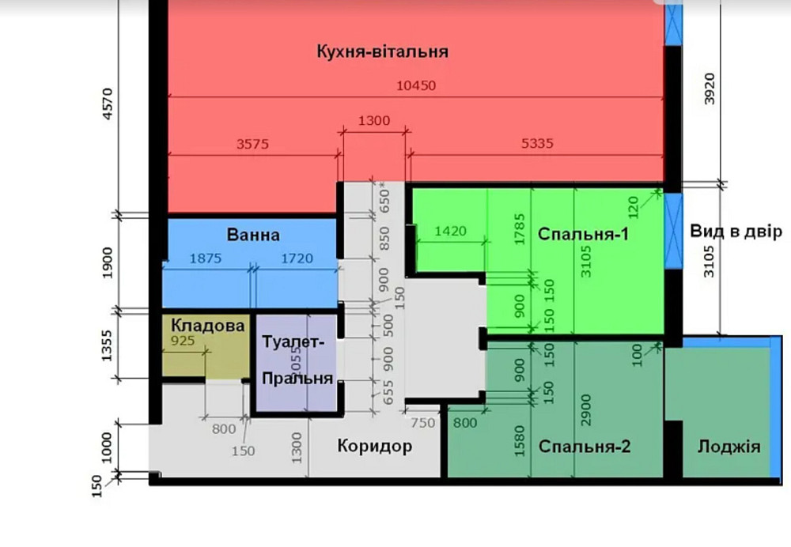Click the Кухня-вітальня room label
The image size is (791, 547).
pos(382,52)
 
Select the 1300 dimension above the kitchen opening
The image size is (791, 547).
pos(373,121)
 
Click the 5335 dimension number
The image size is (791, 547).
pos(537,144)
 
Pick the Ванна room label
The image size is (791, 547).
pos(252,235)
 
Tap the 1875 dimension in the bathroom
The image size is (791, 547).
pos(206,258)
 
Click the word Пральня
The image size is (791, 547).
pos(297,378)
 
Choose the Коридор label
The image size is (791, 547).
pos(374,446)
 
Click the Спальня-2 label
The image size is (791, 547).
pos(585,446)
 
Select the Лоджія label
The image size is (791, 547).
pos(729,447)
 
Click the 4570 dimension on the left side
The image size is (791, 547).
pos(109,103)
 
